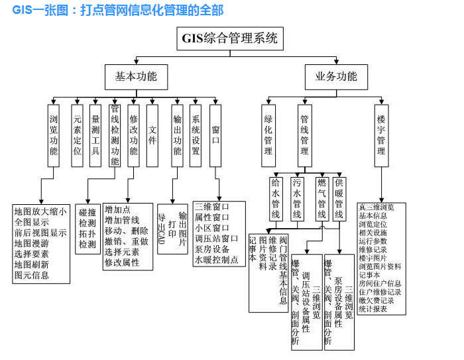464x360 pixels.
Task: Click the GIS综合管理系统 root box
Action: (229, 38)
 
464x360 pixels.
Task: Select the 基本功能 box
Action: (136, 76)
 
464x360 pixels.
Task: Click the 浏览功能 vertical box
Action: (54, 135)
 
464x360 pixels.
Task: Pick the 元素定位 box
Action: (78, 135)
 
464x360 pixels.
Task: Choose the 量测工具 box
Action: (95, 135)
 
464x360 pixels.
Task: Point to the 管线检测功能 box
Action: (115, 135)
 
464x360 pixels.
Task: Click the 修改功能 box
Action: (133, 135)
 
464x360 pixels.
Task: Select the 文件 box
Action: (152, 135)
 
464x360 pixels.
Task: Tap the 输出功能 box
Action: (177, 135)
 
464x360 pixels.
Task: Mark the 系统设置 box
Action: (196, 135)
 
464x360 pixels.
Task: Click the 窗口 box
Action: (215, 135)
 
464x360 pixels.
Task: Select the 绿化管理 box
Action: (268, 135)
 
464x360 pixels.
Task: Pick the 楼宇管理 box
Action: (381, 135)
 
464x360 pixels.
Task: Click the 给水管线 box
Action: (276, 198)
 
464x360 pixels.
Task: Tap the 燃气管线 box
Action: (321, 198)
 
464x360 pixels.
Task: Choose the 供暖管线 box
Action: (339, 198)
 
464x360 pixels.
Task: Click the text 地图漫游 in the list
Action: (32, 243)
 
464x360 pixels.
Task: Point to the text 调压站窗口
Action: (217, 239)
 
